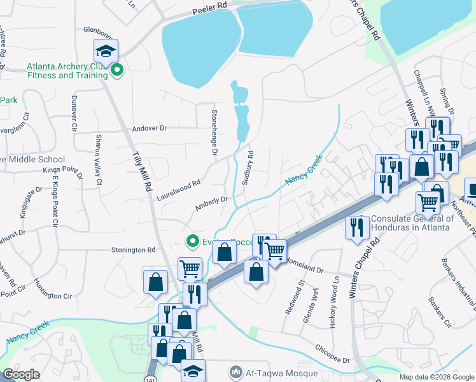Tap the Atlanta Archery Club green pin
(116, 70)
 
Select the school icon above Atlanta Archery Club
(106, 50)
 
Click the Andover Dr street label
(149, 128)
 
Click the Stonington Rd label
(134, 250)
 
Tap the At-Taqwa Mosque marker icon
(236, 371)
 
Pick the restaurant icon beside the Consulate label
(356, 226)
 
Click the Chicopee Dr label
(332, 354)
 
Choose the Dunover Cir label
(74, 113)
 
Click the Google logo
(22, 374)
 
